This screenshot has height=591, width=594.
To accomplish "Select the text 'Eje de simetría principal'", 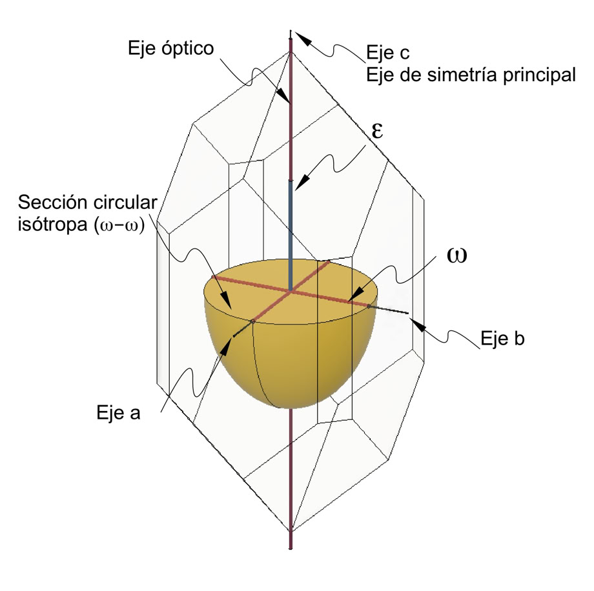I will [x=469, y=75].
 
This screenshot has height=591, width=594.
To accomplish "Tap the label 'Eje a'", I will [x=117, y=412].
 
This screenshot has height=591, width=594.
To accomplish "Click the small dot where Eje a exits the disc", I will [x=252, y=321].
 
